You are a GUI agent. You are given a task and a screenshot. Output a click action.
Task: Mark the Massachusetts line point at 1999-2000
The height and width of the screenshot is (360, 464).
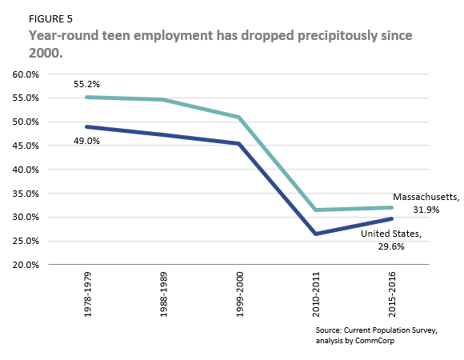point(238,118)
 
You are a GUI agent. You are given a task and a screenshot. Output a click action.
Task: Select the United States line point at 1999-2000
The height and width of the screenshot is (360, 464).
point(238,144)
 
